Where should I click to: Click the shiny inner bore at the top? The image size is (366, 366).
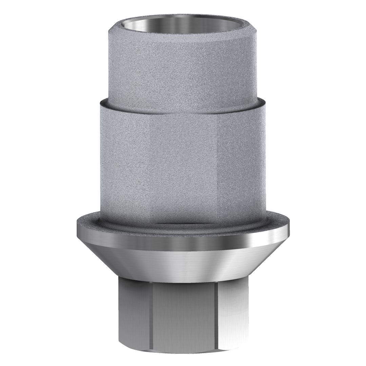click(x=183, y=21)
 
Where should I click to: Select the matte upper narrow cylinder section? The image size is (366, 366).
click(x=183, y=68)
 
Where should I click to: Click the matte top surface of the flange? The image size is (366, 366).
click(x=183, y=228)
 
